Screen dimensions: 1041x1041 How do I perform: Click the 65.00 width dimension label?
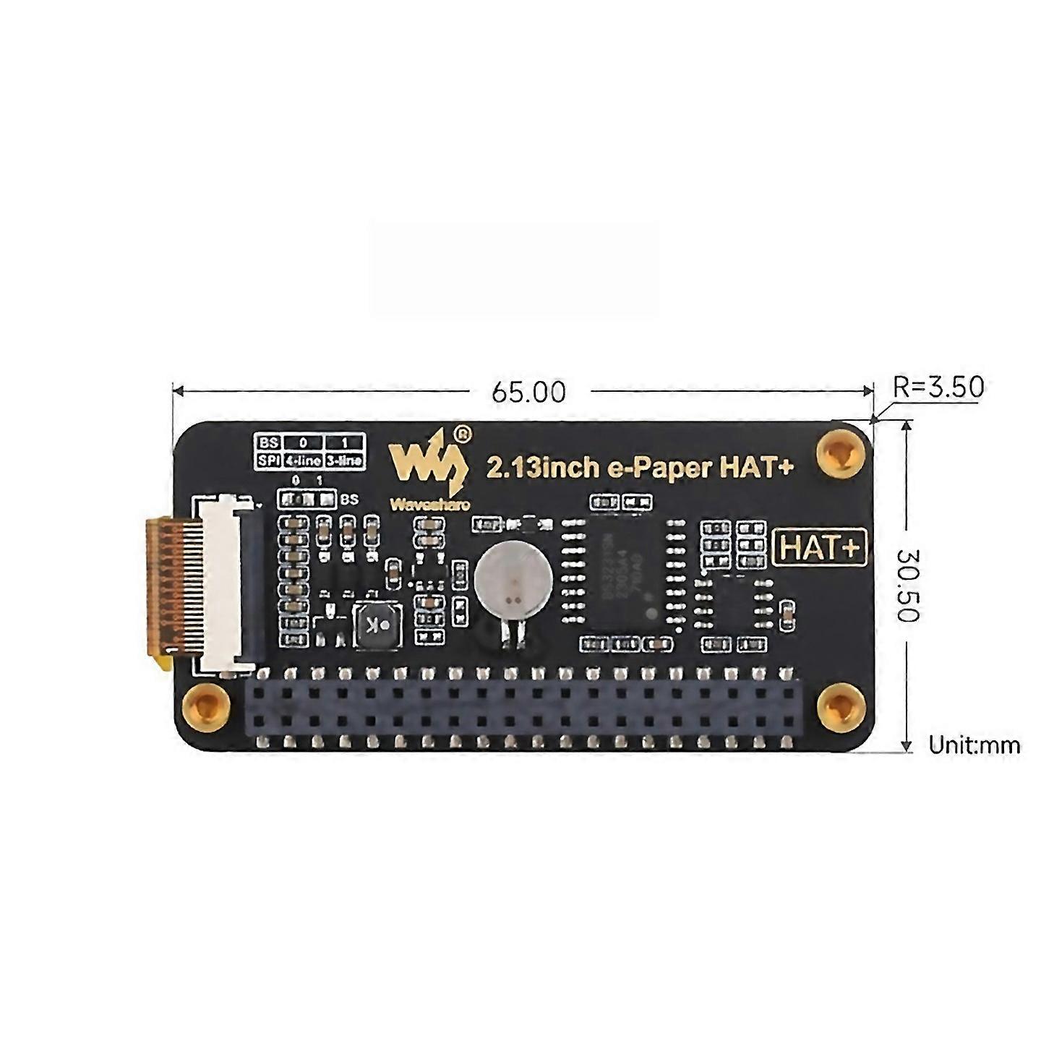pyautogui.click(x=528, y=392)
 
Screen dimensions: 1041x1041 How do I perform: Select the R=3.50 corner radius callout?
pyautogui.click(x=938, y=387)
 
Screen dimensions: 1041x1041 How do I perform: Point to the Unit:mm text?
pyautogui.click(x=974, y=745)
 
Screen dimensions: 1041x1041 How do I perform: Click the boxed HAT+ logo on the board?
pyautogui.click(x=820, y=548)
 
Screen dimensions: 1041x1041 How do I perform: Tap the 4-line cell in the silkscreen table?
pyautogui.click(x=303, y=460)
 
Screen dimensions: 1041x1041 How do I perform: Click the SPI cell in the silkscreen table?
pyautogui.click(x=268, y=460)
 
